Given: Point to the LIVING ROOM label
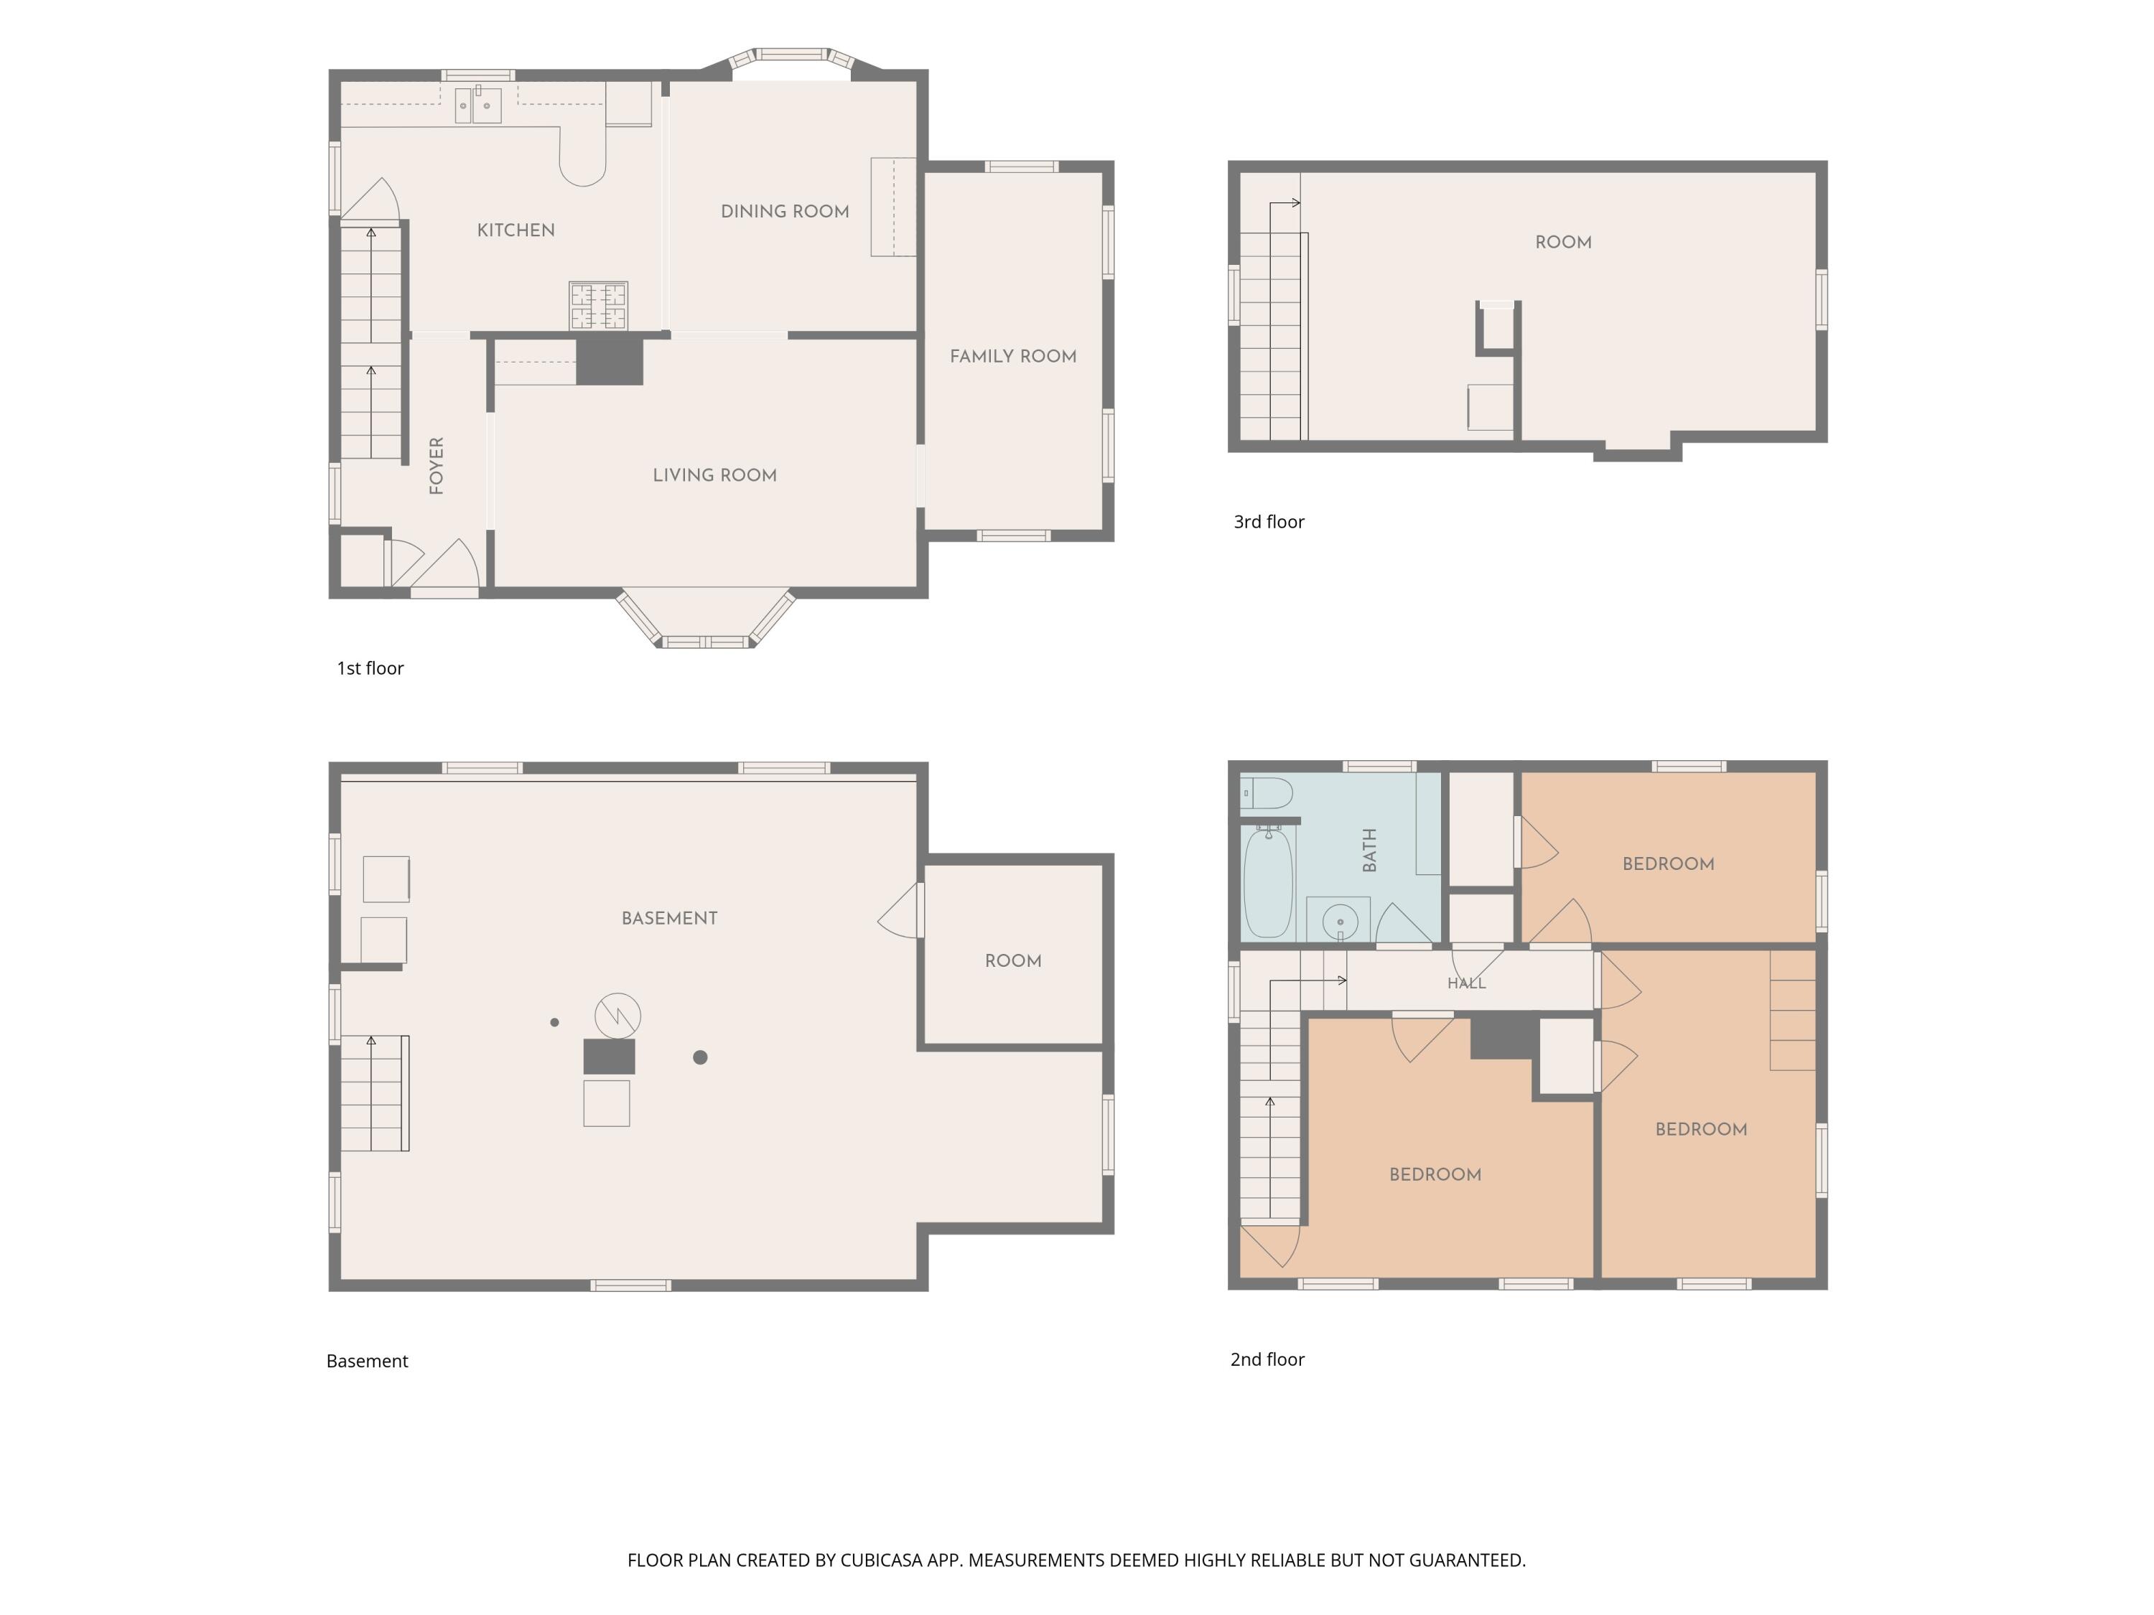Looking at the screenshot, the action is [714, 476].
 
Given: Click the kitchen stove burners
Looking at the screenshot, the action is [598, 306].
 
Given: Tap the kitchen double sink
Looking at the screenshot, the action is [479, 105].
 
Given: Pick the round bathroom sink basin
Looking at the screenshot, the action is [1341, 921].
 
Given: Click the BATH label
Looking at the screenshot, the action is [1369, 850].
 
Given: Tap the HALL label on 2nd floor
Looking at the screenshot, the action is [1466, 983].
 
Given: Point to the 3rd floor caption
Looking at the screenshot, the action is [1269, 522].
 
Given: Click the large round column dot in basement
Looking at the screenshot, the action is [700, 1057].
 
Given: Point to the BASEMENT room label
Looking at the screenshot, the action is [669, 919].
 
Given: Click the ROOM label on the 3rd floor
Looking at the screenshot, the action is [1563, 243].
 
